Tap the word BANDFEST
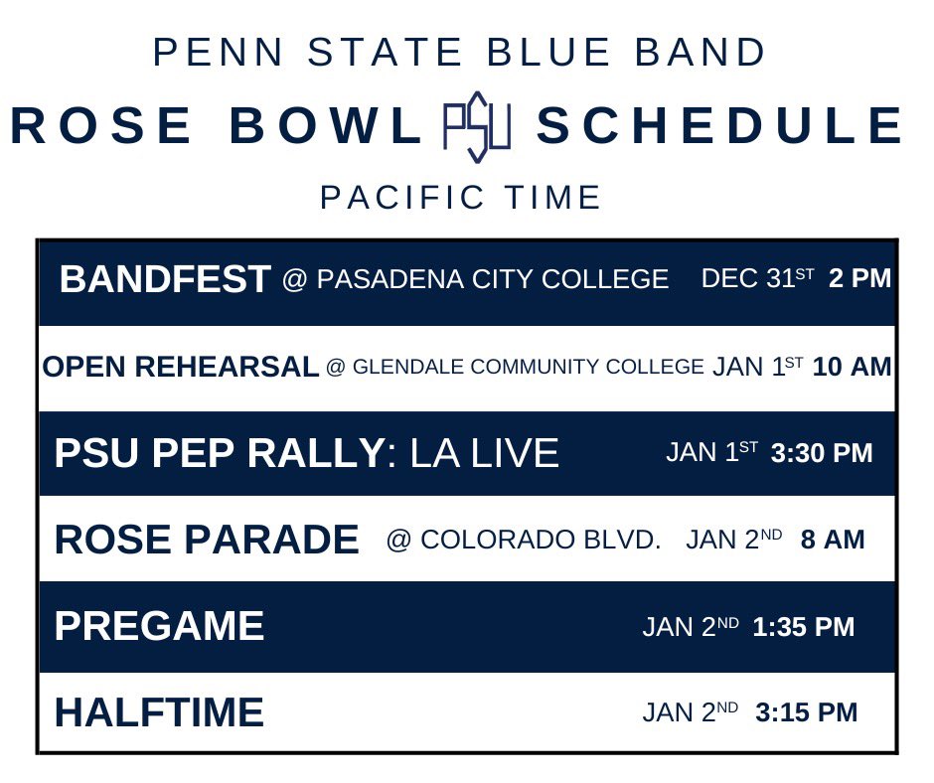165,280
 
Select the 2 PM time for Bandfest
859,279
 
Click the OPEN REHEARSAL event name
181,367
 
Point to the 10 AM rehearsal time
852,367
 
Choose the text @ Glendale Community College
515,367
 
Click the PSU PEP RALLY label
219,453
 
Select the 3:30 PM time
821,453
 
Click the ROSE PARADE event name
207,540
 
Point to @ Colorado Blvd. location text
524,540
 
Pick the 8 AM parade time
832,540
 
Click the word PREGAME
159,626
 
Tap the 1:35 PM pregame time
803,627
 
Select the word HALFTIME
159,712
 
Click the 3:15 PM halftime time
806,712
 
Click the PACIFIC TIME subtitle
461,198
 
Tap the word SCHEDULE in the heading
719,127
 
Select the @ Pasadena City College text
475,280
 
